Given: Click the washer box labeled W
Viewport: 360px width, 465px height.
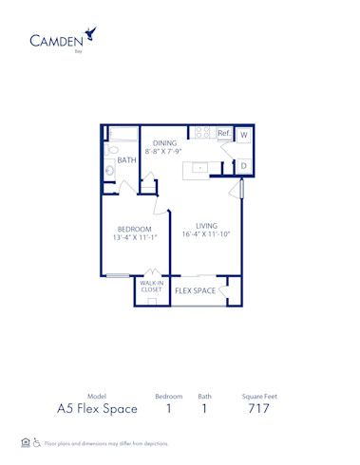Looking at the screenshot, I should (243, 135).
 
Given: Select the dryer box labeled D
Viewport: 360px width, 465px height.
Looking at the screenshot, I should (243, 166).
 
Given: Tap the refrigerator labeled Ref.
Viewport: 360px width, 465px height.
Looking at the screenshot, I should (224, 134).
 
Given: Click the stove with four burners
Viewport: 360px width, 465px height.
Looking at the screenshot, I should (201, 133).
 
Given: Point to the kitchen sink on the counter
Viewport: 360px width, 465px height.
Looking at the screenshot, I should (201, 168).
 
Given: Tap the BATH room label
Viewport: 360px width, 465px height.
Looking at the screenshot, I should (127, 160).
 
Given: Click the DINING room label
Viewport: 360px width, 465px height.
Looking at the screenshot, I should (165, 142).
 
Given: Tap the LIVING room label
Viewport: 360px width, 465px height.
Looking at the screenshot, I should (207, 225).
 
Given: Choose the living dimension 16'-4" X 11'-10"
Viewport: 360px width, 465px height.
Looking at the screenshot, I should (207, 234).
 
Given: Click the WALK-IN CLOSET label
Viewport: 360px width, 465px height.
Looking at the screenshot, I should (151, 287).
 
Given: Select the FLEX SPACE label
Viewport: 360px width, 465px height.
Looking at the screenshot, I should (195, 290).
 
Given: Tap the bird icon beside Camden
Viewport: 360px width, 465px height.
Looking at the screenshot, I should (90, 35).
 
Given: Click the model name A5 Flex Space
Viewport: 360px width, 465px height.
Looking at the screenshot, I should (96, 409).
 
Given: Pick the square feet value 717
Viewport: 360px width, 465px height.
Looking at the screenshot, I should (257, 409).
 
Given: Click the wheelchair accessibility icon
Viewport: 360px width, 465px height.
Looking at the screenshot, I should (37, 443).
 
